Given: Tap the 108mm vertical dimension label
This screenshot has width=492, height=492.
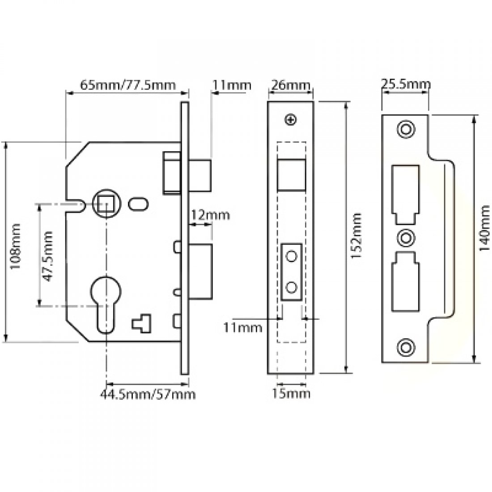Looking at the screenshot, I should [16, 246].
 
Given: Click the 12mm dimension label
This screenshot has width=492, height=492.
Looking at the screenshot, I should [210, 215].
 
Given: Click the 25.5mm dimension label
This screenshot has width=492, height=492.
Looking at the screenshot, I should [406, 84].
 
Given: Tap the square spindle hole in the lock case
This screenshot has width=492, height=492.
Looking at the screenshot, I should [106, 205].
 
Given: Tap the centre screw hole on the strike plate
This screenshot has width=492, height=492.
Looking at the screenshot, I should [406, 237].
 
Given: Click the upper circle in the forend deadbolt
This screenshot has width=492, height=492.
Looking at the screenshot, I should [292, 256].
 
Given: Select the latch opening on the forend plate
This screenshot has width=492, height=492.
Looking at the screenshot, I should [292, 174].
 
